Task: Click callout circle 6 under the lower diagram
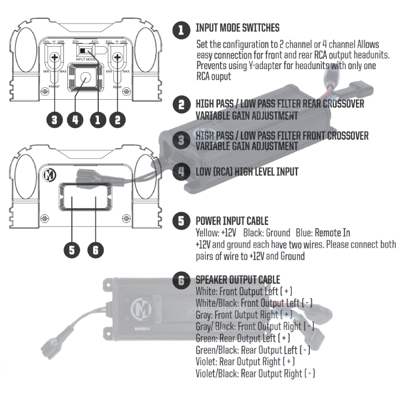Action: (x=95, y=249)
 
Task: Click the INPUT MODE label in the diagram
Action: (x=87, y=59)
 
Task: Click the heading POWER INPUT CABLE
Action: (x=232, y=221)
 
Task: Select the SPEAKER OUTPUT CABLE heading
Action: (x=238, y=280)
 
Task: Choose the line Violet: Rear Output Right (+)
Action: (x=245, y=361)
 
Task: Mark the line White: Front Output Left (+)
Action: (x=244, y=291)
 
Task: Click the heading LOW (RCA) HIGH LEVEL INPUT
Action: (x=247, y=172)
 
